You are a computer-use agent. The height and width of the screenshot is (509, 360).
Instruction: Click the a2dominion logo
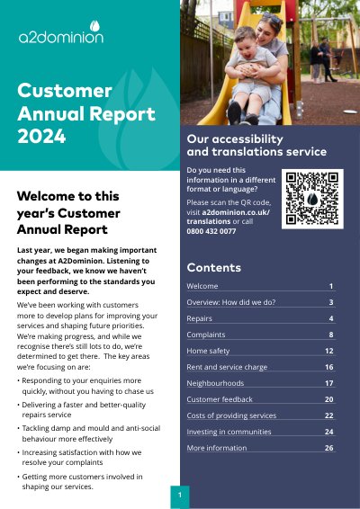61,32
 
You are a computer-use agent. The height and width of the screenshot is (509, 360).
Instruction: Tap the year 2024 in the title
41,136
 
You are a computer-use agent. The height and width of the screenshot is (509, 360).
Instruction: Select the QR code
312,199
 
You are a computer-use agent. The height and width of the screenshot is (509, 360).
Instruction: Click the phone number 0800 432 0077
211,231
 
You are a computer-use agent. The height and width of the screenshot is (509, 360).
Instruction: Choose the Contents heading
214,267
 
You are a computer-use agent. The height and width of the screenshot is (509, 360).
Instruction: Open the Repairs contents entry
199,318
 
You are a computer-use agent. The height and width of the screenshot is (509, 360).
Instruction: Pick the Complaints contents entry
206,335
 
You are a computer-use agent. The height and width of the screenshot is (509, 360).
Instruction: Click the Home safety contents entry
208,351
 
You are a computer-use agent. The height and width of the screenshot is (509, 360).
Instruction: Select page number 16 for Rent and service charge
329,367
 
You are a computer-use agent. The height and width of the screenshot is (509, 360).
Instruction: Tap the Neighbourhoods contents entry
215,383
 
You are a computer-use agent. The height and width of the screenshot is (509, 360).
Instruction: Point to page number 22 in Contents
329,415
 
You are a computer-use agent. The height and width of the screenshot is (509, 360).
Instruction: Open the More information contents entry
217,448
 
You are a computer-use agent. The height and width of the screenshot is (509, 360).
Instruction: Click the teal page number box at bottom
180,496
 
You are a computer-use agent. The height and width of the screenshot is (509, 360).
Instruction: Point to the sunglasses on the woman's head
273,17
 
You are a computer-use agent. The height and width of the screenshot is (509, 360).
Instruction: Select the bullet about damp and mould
89,433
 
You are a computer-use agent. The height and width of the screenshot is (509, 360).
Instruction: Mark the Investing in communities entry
229,432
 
